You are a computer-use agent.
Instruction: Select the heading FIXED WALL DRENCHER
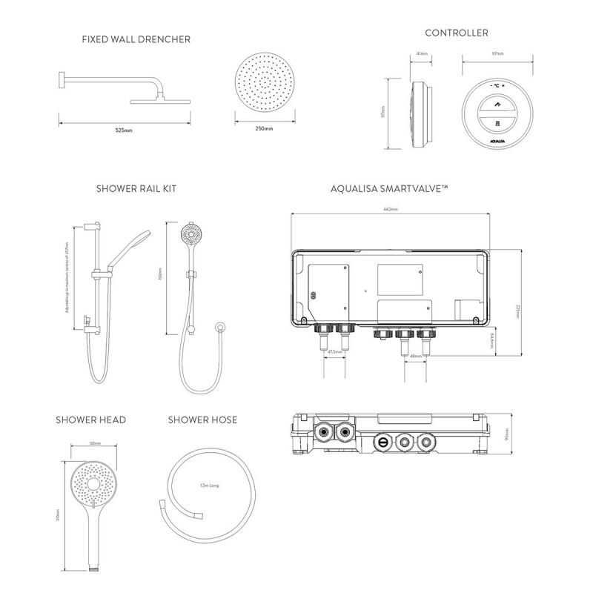point(136,39)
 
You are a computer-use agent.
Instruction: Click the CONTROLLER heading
point(456,33)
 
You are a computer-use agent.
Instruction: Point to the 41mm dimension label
point(422,54)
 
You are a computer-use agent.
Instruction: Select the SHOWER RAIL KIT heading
point(136,189)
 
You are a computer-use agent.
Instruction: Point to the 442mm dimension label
point(389,210)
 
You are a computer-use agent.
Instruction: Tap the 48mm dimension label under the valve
point(416,356)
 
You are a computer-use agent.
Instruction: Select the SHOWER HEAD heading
point(90,420)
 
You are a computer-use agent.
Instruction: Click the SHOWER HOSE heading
point(202,420)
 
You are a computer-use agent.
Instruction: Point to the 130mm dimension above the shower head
point(94,443)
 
